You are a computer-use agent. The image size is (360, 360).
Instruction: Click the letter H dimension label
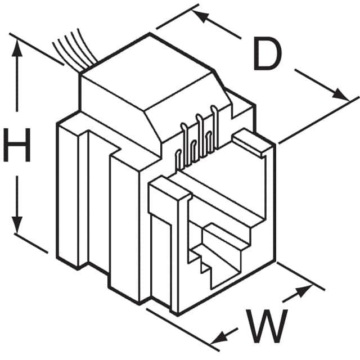[17, 145]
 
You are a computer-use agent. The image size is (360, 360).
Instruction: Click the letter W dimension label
[267, 326]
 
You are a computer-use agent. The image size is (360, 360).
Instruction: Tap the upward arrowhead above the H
[17, 48]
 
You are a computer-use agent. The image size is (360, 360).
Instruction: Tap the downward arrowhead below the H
[17, 225]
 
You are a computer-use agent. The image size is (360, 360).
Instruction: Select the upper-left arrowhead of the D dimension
[201, 16]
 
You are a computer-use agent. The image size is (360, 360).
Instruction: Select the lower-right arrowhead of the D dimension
[340, 94]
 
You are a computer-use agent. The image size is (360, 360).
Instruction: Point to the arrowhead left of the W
[219, 337]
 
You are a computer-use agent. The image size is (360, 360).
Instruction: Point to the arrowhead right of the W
[303, 291]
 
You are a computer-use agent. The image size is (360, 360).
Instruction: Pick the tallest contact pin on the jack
[214, 128]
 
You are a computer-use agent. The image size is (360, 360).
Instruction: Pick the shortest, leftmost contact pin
[178, 161]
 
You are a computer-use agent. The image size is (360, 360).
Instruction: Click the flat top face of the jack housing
[147, 71]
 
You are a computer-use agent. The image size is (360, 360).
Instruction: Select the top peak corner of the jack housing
[150, 34]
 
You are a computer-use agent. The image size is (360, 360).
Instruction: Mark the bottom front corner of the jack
[177, 315]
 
